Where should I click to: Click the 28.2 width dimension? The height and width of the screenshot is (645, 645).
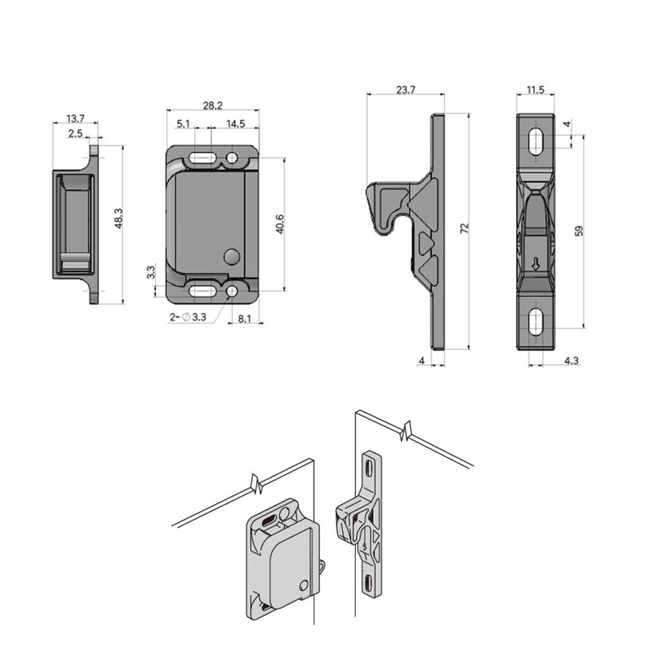pos(212,105)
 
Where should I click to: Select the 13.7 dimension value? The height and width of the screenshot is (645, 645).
pos(75,119)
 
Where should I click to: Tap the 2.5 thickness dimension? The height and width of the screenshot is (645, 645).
pos(75,133)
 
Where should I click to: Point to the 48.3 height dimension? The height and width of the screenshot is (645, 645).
pos(118,218)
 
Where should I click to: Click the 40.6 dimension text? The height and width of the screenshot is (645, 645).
pos(280,224)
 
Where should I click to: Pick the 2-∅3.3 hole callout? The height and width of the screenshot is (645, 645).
pos(188,317)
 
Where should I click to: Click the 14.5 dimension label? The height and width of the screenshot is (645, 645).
pos(235,124)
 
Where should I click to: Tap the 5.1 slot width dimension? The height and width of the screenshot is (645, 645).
pos(183,124)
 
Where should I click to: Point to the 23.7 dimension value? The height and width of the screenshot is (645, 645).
pos(405,90)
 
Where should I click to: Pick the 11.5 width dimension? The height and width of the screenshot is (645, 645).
pos(535,90)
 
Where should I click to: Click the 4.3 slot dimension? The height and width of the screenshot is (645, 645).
pos(570,360)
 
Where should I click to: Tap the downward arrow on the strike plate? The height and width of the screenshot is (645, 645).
pos(536,265)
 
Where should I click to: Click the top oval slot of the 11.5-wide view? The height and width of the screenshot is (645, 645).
pos(535,142)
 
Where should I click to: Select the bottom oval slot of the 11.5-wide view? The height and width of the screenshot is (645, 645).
pos(535,322)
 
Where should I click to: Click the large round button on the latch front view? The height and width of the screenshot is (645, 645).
pos(232,257)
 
